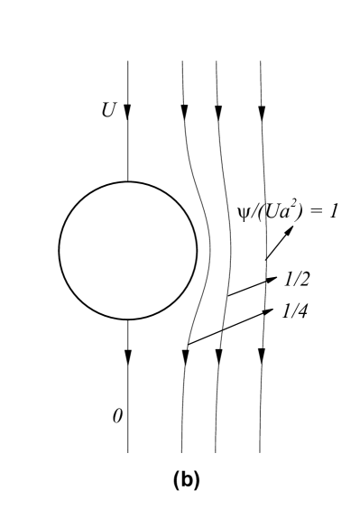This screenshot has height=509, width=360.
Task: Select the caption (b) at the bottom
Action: tap(180, 483)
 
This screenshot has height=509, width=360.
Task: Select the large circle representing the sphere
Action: tap(127, 248)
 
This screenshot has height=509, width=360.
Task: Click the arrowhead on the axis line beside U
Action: tap(127, 110)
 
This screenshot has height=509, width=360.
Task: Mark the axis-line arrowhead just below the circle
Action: tap(127, 356)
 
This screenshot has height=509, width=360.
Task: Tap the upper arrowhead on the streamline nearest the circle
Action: tap(184, 110)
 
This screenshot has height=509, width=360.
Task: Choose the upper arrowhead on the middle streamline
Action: tap(217, 110)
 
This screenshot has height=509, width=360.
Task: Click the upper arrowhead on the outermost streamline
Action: tap(261, 110)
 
